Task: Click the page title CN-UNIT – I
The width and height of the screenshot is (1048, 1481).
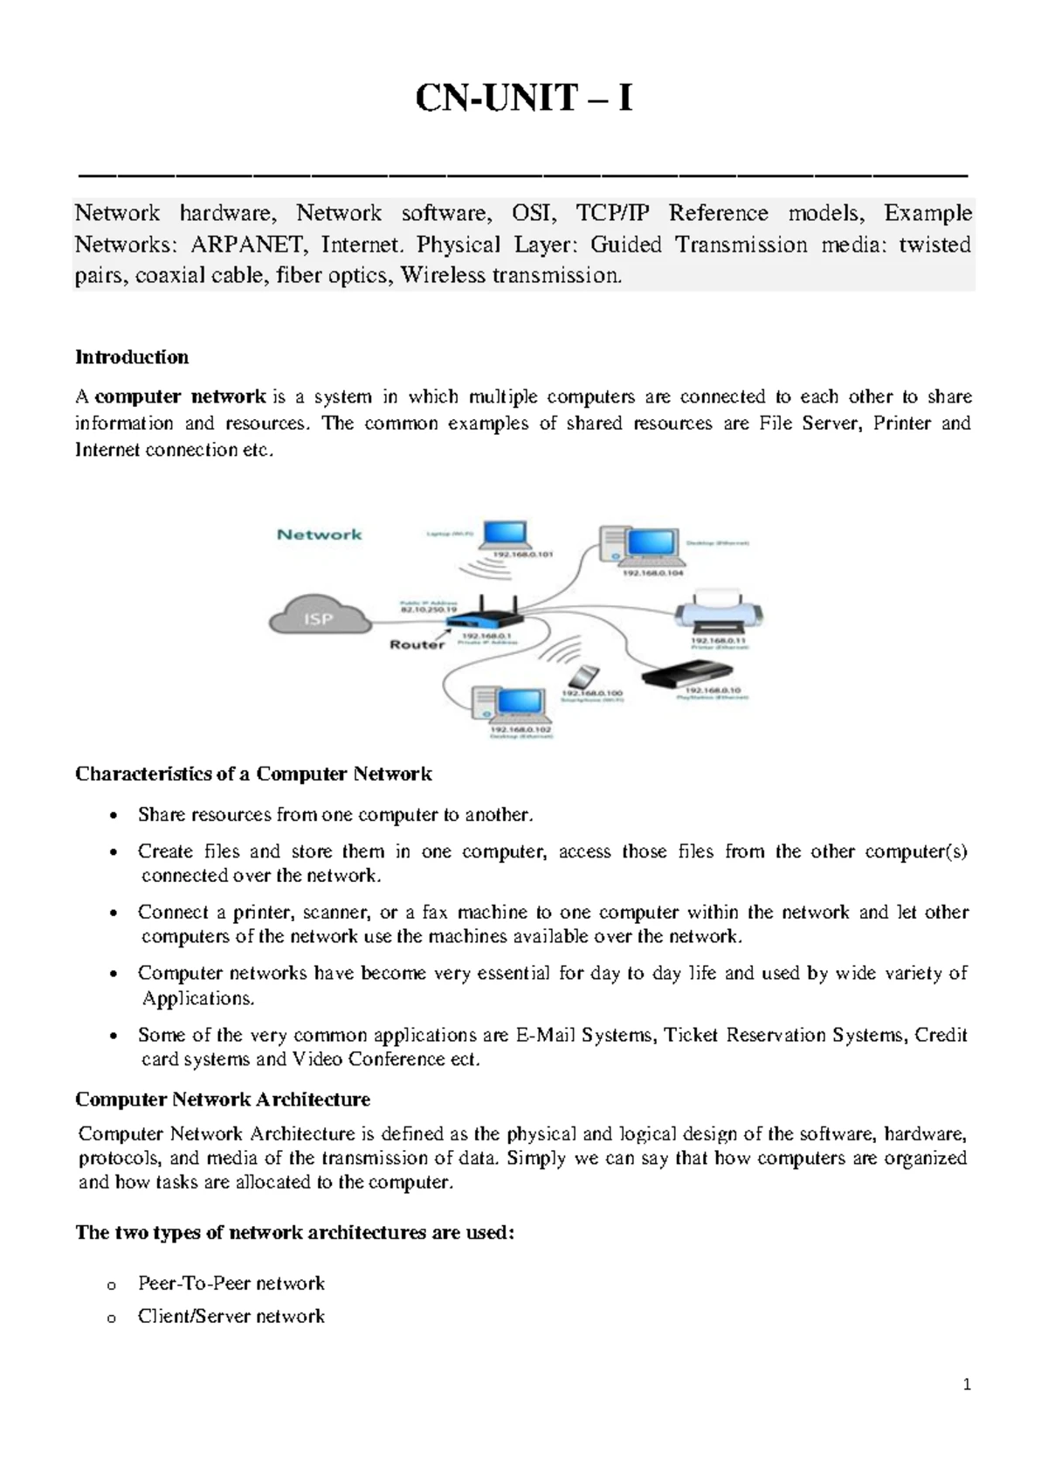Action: tap(523, 99)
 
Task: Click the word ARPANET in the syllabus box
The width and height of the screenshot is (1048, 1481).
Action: tap(248, 245)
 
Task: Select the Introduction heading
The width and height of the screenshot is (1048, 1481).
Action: tap(132, 357)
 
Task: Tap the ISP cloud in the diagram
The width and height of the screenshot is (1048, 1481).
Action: tap(318, 617)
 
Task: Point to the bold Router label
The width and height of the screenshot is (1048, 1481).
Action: tap(417, 644)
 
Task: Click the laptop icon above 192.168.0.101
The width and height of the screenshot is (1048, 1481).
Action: tap(505, 534)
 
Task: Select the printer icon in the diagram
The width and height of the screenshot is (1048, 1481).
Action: tap(719, 612)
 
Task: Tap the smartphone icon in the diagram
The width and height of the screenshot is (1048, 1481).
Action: tap(583, 677)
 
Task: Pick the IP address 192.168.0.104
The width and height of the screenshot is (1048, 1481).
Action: tap(652, 573)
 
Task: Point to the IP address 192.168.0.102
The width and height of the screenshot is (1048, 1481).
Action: tap(521, 728)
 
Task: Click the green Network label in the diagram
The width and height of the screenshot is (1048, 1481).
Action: tap(319, 534)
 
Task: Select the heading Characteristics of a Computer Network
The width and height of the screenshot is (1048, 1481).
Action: tap(253, 775)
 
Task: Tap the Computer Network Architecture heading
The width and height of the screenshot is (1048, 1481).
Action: tap(223, 1099)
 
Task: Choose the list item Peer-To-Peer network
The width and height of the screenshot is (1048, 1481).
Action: tap(231, 1284)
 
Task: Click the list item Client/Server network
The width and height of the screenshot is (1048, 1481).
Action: tap(231, 1317)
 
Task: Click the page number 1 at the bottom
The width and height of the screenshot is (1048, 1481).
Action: tap(967, 1385)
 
